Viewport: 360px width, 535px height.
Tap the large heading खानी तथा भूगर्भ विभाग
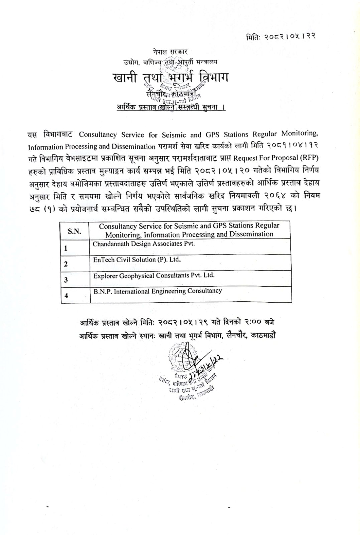pyautogui.click(x=170, y=78)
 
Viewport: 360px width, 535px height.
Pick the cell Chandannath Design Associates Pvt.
pyautogui.click(x=144, y=244)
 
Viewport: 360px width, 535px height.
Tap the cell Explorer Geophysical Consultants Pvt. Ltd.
pyautogui.click(x=153, y=276)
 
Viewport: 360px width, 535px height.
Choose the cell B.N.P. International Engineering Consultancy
pyautogui.click(x=157, y=291)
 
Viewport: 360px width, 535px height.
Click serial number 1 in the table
pyautogui.click(x=66, y=248)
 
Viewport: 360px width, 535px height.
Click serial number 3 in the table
pyautogui.click(x=66, y=280)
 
